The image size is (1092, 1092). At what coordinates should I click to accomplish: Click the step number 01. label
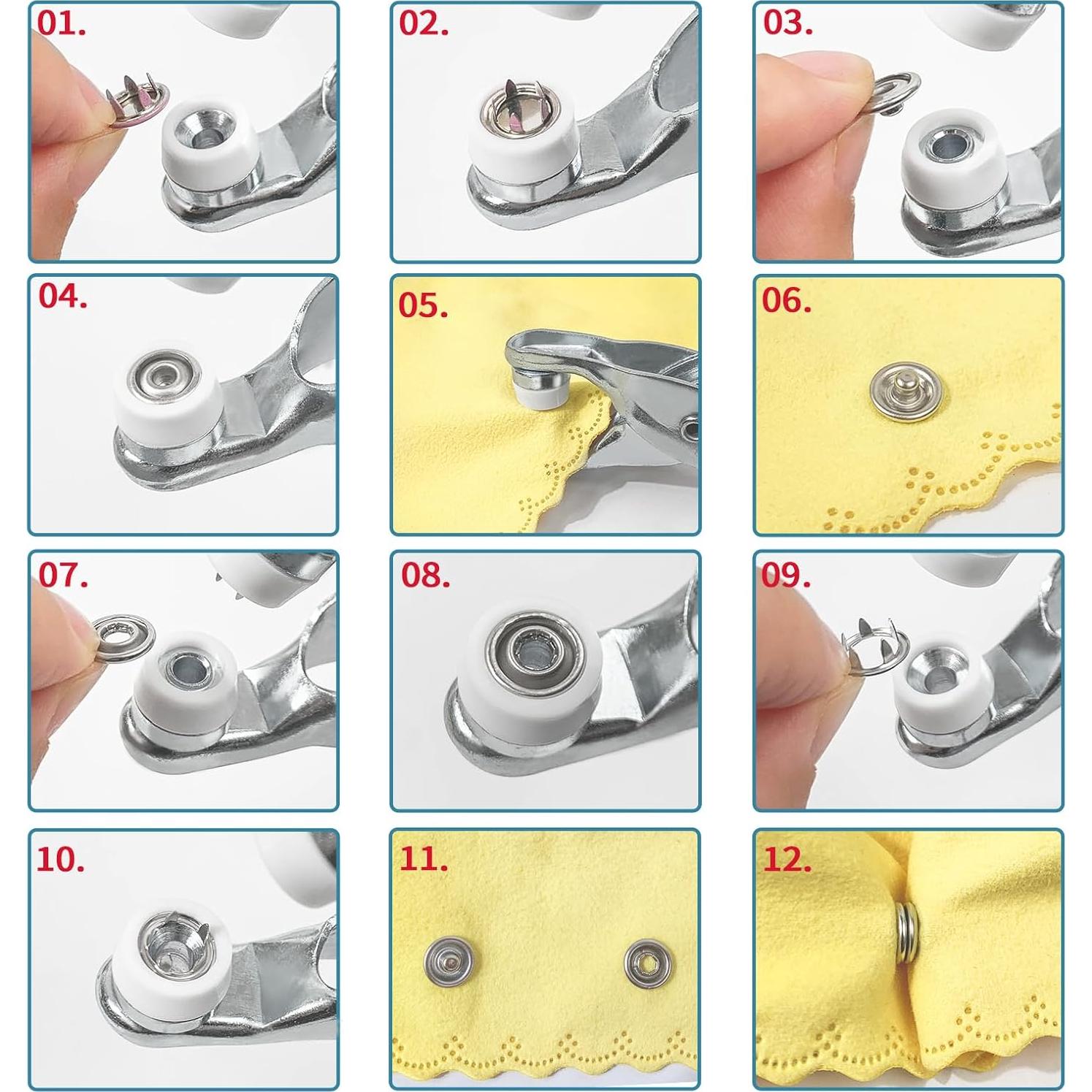point(61,23)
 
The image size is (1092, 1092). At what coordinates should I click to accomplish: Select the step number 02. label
point(424,23)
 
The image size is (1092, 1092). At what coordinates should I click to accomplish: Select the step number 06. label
point(786,300)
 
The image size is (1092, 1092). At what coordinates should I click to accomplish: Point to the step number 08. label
point(425,576)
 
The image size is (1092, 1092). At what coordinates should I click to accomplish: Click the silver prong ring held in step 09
point(874,645)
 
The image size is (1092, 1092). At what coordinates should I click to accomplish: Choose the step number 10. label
point(61,860)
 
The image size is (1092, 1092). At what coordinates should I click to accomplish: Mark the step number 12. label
point(787,860)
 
